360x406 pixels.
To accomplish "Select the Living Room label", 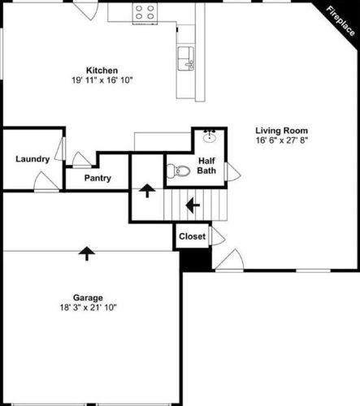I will coord(282,130).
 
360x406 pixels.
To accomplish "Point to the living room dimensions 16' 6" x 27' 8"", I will coord(282,140).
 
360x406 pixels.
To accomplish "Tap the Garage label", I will coord(87,297).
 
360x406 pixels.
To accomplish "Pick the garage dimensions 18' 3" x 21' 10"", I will coord(87,308).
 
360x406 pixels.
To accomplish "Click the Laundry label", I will coord(33,158).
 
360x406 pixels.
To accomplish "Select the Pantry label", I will coord(98,179).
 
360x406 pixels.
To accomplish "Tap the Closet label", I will coord(192,236).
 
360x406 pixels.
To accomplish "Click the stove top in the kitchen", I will coord(145,11).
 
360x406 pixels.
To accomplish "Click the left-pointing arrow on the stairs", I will coord(193,205).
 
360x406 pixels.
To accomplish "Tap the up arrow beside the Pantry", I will coord(146,191).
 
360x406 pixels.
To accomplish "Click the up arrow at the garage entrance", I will coord(85,254).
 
